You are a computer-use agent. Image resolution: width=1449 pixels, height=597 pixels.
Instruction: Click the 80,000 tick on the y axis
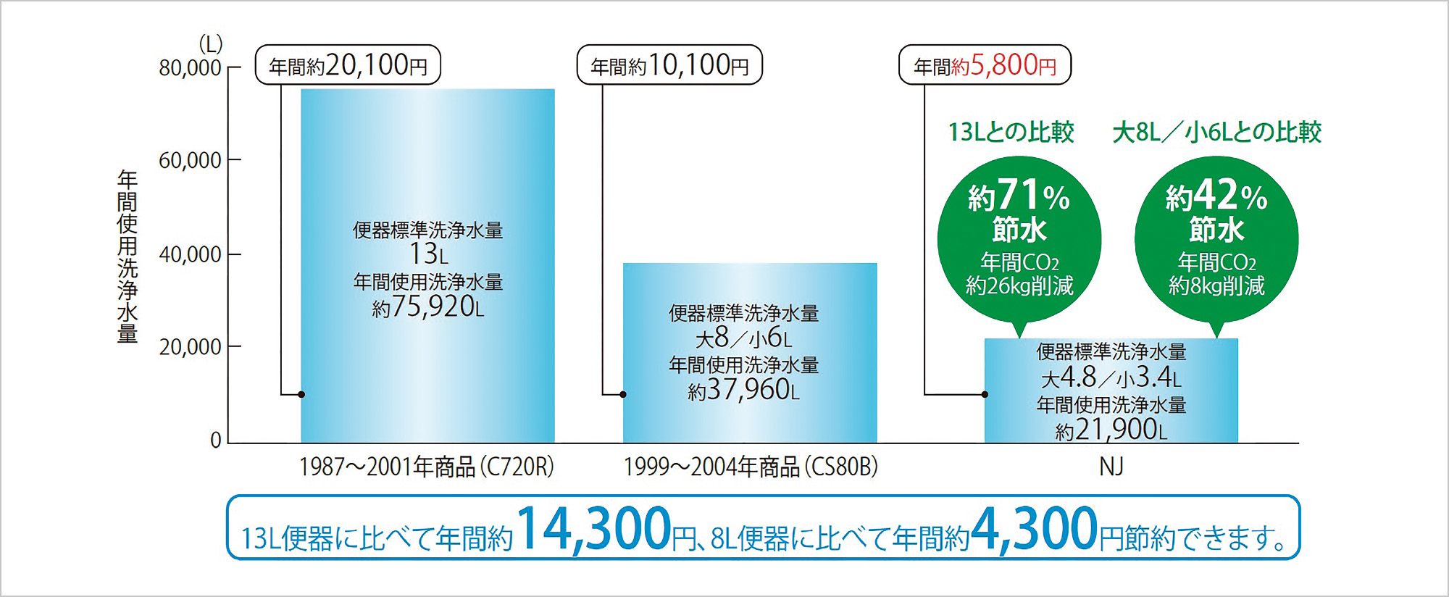(x=190, y=67)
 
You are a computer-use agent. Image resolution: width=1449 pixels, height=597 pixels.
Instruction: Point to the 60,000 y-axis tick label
(x=190, y=160)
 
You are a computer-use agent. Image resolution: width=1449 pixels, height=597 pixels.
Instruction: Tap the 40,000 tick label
(x=190, y=254)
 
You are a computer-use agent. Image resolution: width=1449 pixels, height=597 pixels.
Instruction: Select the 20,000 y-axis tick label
(x=190, y=347)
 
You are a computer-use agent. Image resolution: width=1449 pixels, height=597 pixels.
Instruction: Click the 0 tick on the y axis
(x=215, y=440)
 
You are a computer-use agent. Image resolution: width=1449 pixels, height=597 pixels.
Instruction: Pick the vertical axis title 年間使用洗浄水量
(x=128, y=256)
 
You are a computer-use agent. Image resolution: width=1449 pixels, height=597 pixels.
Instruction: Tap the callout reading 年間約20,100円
(x=348, y=65)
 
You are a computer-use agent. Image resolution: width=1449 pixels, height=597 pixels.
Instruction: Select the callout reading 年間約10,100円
(x=669, y=65)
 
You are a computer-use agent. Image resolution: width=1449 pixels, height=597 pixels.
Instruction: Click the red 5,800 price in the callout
(x=1003, y=65)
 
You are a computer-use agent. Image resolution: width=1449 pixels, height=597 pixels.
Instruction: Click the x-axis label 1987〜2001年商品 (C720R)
(x=427, y=467)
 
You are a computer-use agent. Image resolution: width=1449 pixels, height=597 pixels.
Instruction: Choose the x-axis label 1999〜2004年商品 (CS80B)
(x=751, y=467)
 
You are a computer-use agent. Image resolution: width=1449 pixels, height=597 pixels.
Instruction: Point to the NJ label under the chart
(x=1111, y=467)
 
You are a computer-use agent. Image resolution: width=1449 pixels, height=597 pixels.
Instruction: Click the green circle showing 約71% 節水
(x=1019, y=239)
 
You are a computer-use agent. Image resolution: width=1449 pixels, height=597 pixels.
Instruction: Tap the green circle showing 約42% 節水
(x=1216, y=239)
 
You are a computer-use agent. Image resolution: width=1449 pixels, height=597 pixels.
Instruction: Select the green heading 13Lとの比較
(x=1011, y=132)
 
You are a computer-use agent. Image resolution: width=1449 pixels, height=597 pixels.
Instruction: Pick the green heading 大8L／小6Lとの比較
(x=1216, y=132)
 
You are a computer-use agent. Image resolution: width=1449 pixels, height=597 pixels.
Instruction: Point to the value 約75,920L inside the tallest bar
(x=427, y=307)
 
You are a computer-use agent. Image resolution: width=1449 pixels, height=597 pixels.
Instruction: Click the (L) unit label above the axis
(x=210, y=44)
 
